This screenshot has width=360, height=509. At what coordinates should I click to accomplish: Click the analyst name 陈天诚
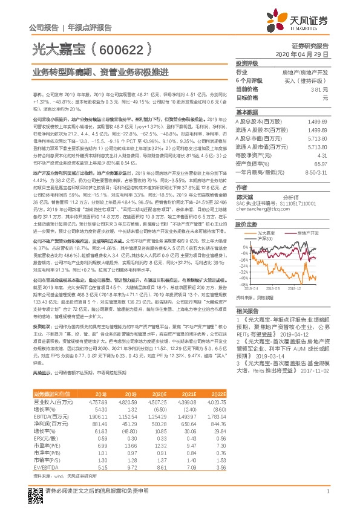point(244,196)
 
